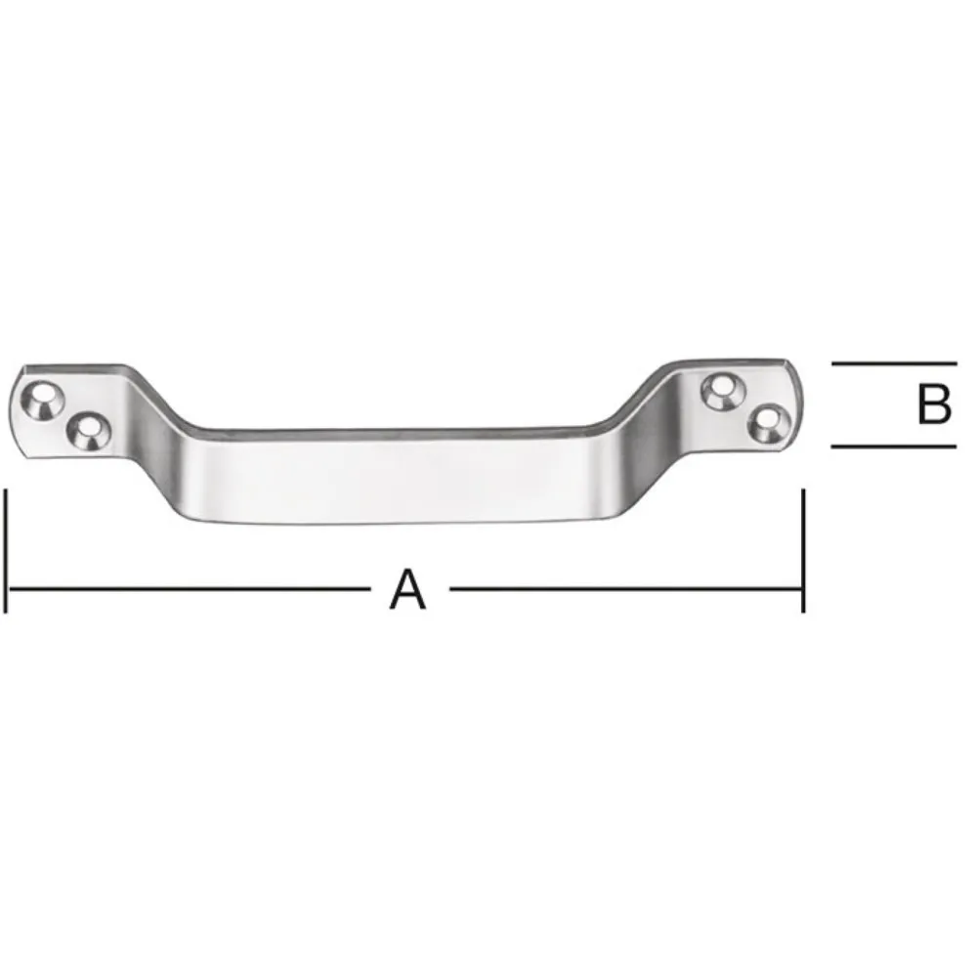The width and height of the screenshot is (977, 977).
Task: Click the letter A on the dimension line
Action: pos(408,589)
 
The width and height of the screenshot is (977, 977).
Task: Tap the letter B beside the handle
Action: pos(934,404)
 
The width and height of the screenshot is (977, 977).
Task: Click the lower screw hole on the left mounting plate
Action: pos(89,431)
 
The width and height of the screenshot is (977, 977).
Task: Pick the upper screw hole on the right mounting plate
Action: pos(723,392)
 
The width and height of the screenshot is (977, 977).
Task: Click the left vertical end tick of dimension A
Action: pos(6,551)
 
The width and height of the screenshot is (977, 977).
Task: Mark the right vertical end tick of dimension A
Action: pos(803,551)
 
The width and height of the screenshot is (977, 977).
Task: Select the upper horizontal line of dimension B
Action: pos(894,362)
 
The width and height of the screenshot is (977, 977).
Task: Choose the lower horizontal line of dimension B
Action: pos(894,446)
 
